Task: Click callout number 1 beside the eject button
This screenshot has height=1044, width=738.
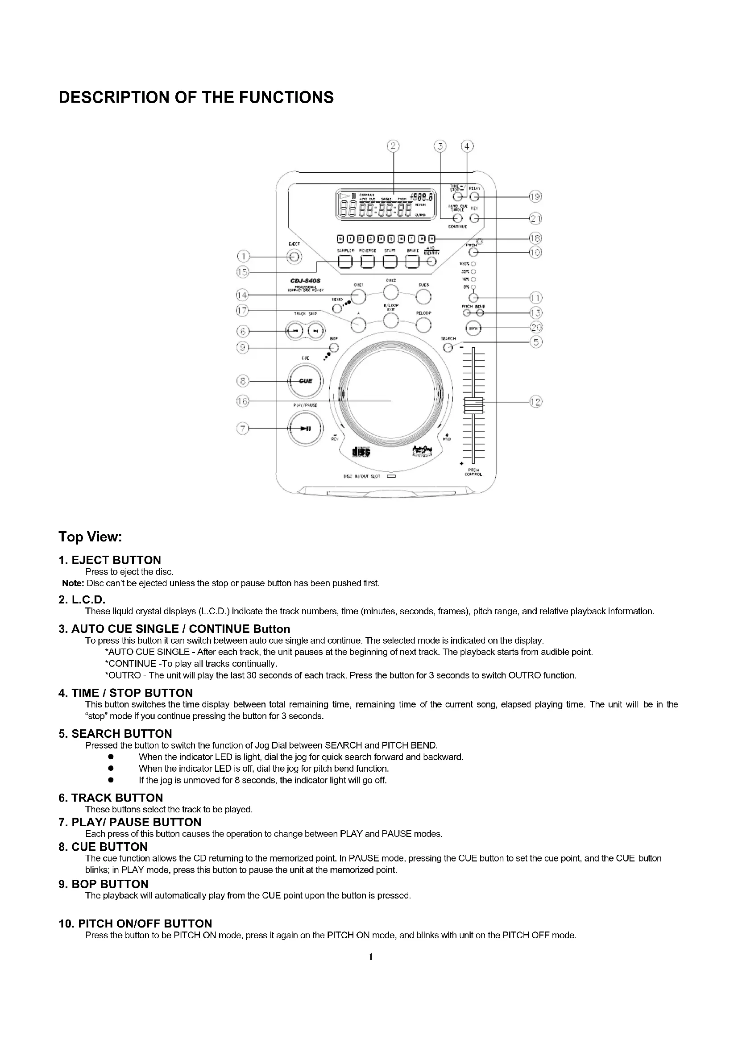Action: [x=244, y=257]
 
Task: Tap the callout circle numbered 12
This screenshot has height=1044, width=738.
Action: [x=536, y=402]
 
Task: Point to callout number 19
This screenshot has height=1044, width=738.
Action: [x=536, y=196]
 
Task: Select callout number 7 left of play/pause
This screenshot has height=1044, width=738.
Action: [x=244, y=428]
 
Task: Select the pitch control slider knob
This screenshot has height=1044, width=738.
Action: [x=473, y=405]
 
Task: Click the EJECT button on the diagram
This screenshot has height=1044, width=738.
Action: [x=294, y=258]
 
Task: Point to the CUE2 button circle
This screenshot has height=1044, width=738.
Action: [x=391, y=293]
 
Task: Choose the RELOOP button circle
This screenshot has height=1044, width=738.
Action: [x=423, y=325]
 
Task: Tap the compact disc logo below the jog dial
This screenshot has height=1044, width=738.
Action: [x=361, y=452]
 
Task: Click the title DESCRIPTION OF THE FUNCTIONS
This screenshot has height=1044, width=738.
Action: [x=196, y=97]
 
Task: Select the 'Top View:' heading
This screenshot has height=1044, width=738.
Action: [x=90, y=537]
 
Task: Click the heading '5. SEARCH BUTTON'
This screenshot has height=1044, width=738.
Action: [x=115, y=734]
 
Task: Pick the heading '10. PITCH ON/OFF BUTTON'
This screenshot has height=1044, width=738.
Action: [x=136, y=923]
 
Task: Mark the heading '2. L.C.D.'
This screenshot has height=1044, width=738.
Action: [x=82, y=600]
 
